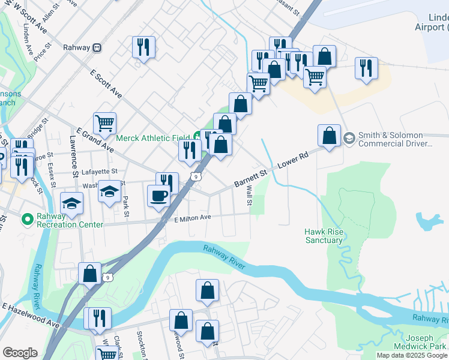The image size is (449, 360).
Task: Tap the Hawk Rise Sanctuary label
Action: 324,235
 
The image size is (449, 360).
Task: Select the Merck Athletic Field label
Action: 152,138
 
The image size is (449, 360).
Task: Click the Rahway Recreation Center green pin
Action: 26,220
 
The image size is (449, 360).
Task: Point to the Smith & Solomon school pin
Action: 348,139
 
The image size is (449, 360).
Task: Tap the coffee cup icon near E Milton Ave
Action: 159,196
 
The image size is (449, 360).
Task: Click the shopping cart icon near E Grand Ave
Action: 105,124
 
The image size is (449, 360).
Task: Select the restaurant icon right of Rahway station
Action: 143,47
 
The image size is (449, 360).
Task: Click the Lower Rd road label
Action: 294,160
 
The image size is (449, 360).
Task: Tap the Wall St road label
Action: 249,195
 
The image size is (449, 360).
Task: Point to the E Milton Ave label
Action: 193,218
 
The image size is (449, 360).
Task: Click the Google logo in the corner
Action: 20,353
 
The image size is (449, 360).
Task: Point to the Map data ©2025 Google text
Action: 412,355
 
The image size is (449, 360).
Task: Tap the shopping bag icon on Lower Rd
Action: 330,136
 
